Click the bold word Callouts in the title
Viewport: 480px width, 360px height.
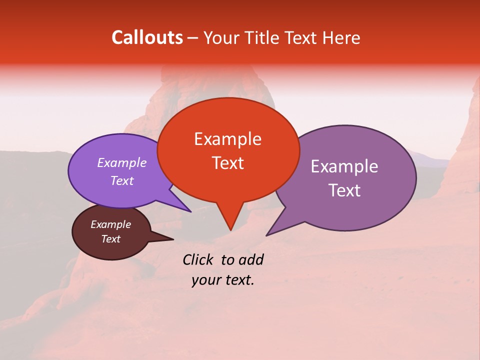tap(147, 37)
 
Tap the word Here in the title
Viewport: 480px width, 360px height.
tap(342, 37)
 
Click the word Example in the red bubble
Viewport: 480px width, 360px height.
tap(227, 139)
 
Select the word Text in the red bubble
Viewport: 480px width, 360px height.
tap(227, 163)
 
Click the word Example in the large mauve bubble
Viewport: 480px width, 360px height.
tap(344, 166)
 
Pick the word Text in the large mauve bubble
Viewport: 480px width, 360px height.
tap(344, 190)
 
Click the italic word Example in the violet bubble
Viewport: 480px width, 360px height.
tap(121, 162)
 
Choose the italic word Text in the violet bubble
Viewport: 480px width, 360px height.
tap(121, 180)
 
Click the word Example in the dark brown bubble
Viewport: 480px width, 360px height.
tap(110, 224)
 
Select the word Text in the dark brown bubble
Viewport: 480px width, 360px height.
tap(110, 239)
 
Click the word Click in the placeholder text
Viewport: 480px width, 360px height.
tap(198, 259)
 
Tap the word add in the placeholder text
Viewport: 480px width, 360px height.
tap(251, 259)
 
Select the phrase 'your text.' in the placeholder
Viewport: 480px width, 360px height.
tap(223, 280)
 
